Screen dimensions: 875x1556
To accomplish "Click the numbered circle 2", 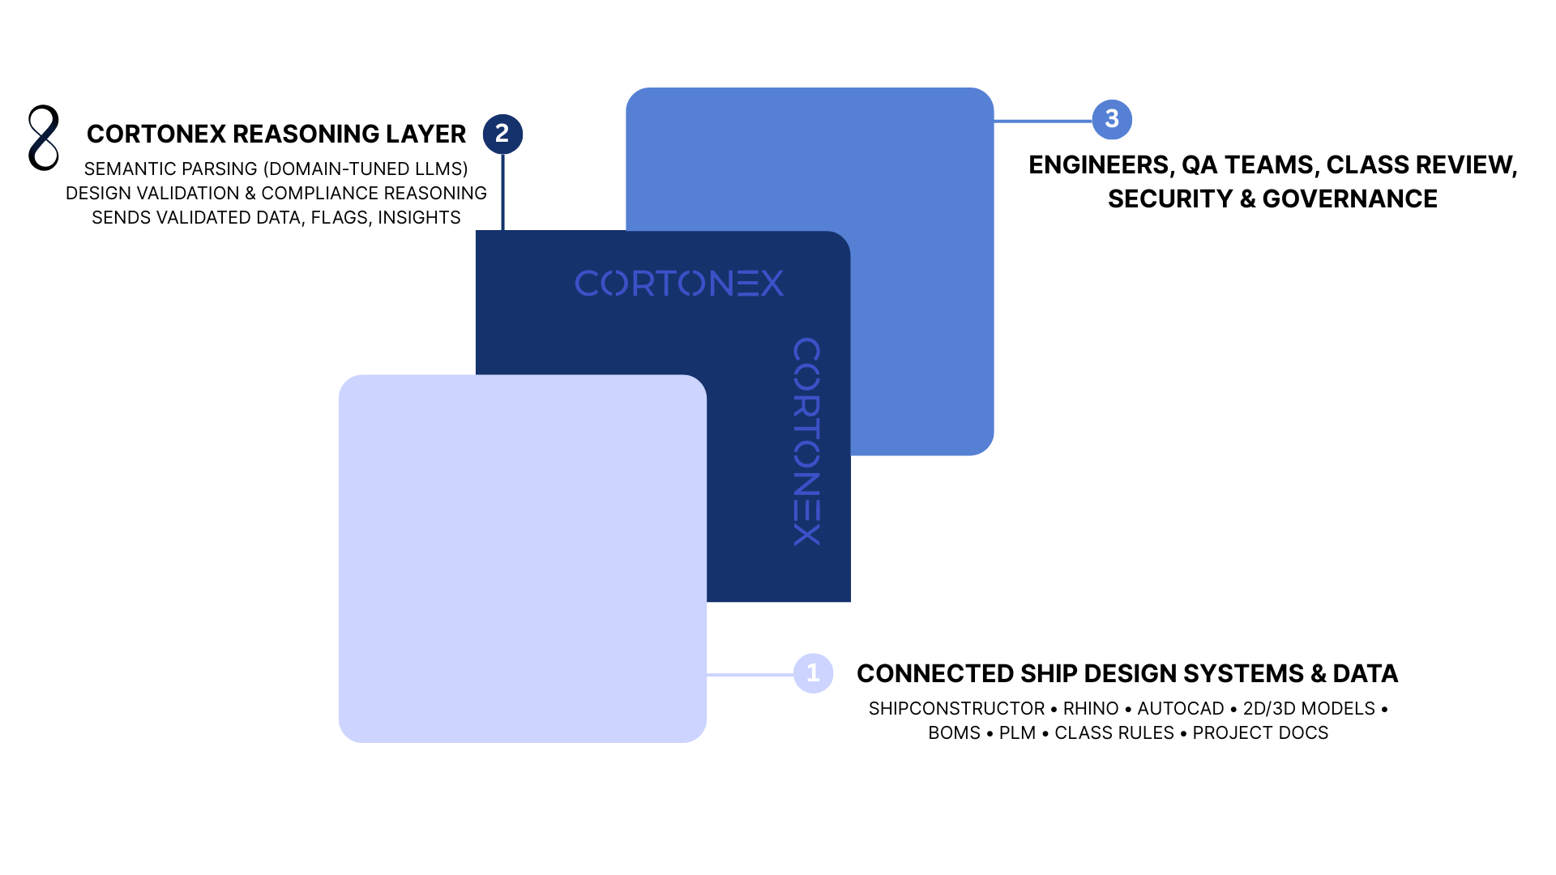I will click(x=502, y=134).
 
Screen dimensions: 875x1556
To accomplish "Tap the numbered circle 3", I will click(x=1112, y=119).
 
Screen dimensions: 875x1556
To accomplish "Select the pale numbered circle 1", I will click(x=813, y=673).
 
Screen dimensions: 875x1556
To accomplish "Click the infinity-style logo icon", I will click(x=44, y=138).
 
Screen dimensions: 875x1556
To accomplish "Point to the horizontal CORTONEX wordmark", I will click(x=679, y=284).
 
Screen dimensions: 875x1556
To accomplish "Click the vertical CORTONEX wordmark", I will click(x=806, y=442).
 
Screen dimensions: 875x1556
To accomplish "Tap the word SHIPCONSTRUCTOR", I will click(x=956, y=709).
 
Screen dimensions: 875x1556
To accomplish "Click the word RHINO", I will click(x=1091, y=709).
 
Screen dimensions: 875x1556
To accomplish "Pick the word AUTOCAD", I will click(x=1181, y=709).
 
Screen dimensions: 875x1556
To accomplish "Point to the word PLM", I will click(x=1017, y=733).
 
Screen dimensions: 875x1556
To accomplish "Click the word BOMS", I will click(x=954, y=733).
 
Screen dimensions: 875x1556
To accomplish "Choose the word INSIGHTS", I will click(x=419, y=218).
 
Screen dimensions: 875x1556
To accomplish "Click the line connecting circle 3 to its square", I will click(x=1043, y=121).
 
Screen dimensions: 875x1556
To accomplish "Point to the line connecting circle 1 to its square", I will click(x=750, y=674).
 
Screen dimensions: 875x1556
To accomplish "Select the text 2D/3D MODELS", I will click(x=1309, y=709).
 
